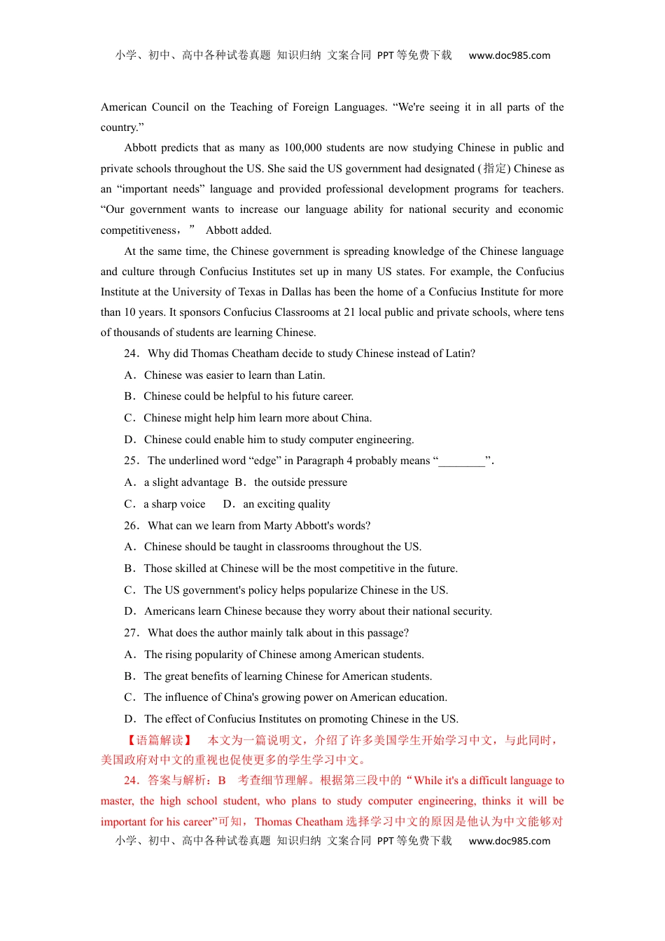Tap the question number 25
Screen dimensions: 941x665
click(131, 461)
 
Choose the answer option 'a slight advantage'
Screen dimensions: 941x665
click(186, 482)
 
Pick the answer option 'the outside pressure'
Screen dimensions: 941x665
click(300, 482)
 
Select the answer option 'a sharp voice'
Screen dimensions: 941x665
click(174, 504)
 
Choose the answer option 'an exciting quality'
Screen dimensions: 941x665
click(286, 504)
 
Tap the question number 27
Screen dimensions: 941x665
click(131, 633)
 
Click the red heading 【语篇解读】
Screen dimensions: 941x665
click(159, 740)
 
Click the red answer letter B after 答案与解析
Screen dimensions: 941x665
click(222, 781)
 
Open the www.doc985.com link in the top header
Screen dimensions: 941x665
click(510, 55)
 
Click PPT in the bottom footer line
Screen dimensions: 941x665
click(385, 841)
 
